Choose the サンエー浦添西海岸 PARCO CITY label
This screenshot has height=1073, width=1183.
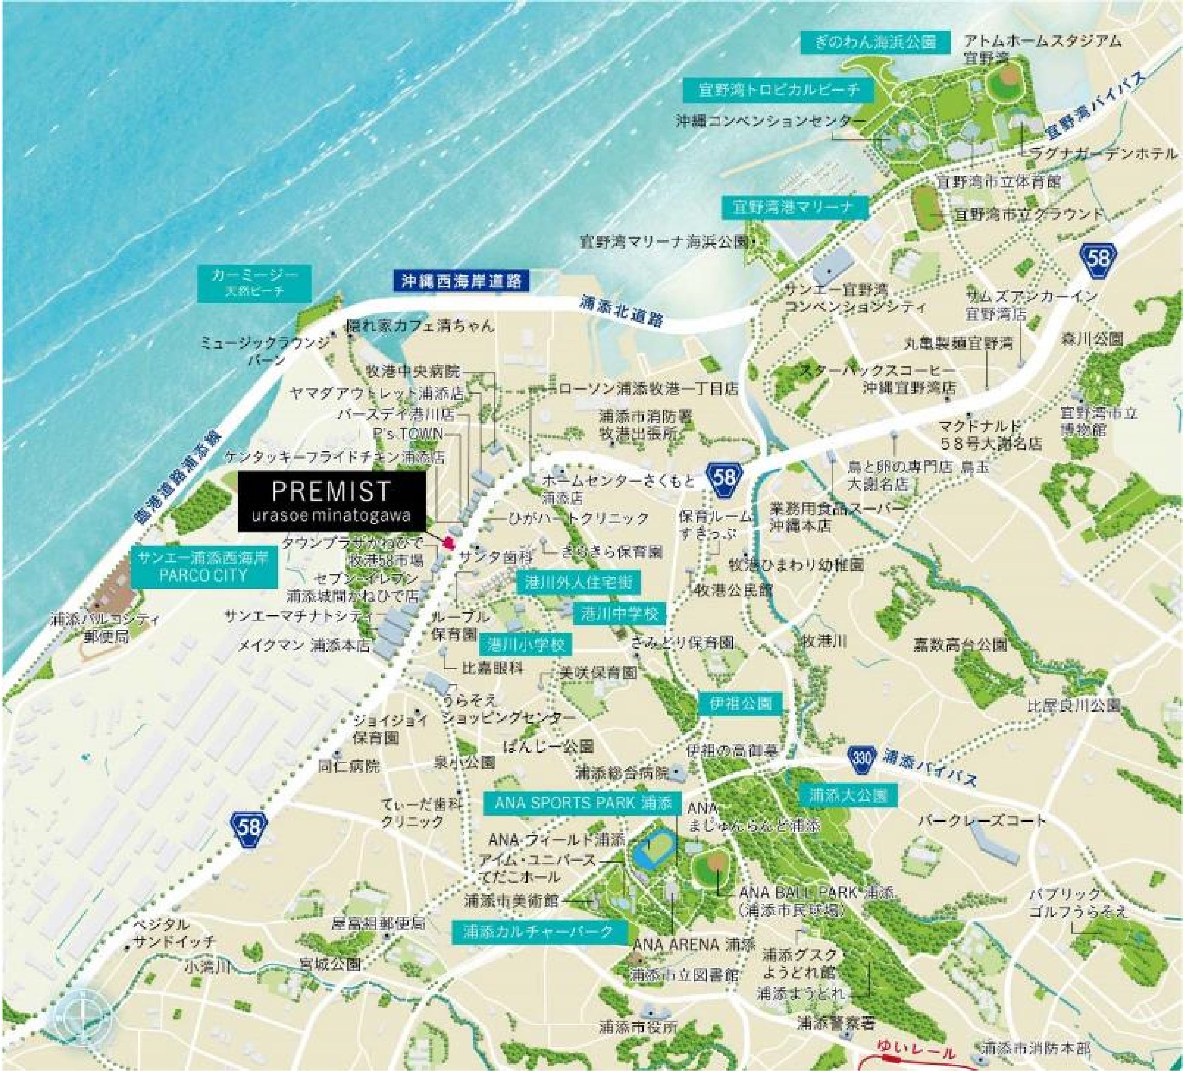pyautogui.click(x=204, y=567)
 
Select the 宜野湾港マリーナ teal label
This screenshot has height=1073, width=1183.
pyautogui.click(x=795, y=207)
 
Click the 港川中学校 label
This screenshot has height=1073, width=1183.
pyautogui.click(x=619, y=614)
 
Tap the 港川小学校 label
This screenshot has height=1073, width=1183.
pyautogui.click(x=526, y=644)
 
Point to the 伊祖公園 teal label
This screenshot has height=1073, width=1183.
pyautogui.click(x=741, y=703)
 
